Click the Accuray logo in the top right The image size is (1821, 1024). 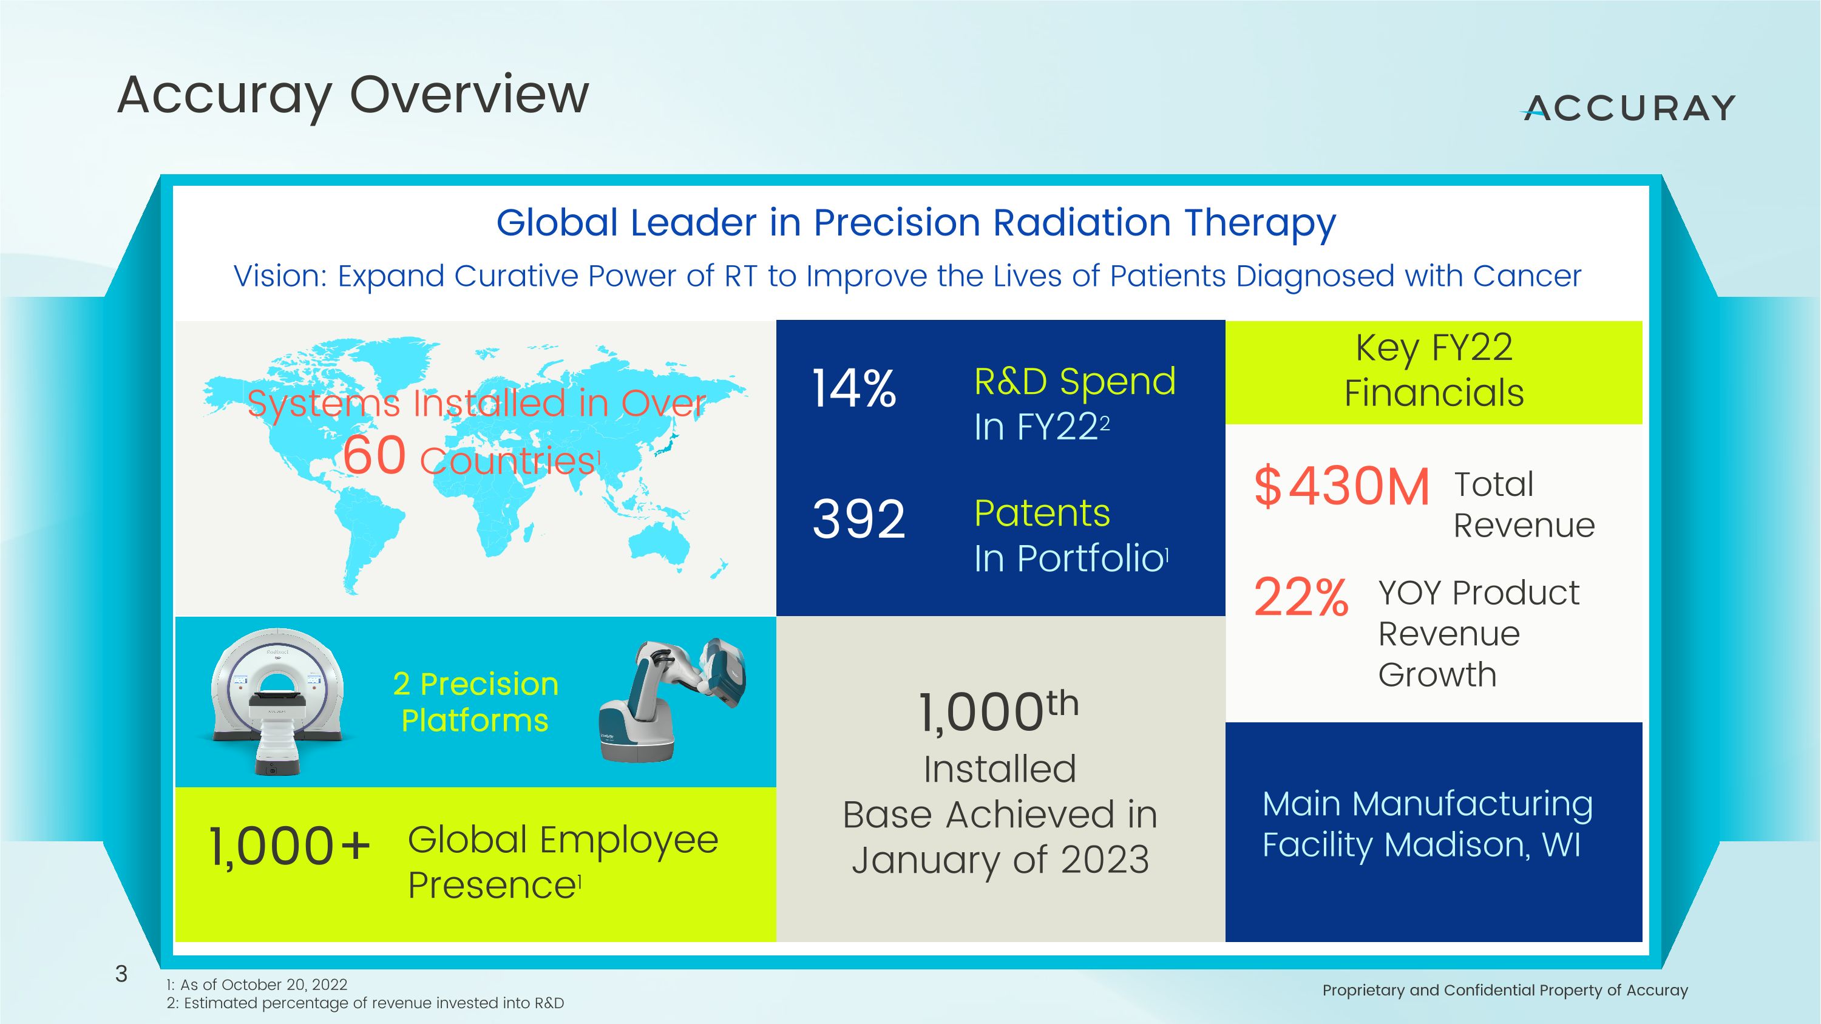pos(1629,108)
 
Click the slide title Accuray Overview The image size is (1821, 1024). pos(353,95)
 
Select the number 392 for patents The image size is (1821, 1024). pos(858,520)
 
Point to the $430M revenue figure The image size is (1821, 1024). pos(1341,486)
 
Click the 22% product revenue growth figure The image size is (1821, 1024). pos(1301,598)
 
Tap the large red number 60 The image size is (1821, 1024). pos(375,455)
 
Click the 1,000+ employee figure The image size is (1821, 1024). pos(289,846)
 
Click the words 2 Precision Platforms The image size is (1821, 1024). pos(475,702)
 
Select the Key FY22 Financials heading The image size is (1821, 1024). pos(1433,370)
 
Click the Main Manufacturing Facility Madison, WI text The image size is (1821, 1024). pos(1427,824)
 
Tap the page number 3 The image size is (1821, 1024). pos(121,974)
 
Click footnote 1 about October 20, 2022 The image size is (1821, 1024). pos(257,985)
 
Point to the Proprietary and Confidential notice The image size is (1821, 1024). pos(1504,990)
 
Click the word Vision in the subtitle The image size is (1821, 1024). pos(280,276)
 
